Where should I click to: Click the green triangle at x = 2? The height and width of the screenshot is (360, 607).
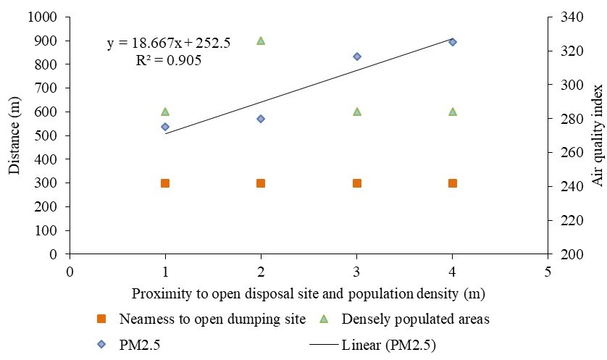click(x=261, y=41)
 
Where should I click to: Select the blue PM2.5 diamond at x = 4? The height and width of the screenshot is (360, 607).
click(x=453, y=42)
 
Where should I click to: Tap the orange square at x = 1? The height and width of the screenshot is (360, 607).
click(x=165, y=183)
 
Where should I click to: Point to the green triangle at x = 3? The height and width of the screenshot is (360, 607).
click(x=357, y=112)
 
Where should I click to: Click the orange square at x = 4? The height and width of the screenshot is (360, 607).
click(x=453, y=183)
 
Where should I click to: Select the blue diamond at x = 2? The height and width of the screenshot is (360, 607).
click(x=261, y=119)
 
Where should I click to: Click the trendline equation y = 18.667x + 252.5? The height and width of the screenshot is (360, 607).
click(x=169, y=43)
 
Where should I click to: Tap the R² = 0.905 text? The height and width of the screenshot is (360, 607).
click(x=169, y=61)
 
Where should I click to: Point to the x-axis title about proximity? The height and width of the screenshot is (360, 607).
click(x=309, y=294)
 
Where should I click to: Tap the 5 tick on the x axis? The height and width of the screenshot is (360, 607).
click(x=548, y=272)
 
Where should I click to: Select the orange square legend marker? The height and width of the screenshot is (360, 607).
click(x=102, y=319)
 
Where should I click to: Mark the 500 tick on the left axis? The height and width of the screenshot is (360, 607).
click(x=46, y=135)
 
